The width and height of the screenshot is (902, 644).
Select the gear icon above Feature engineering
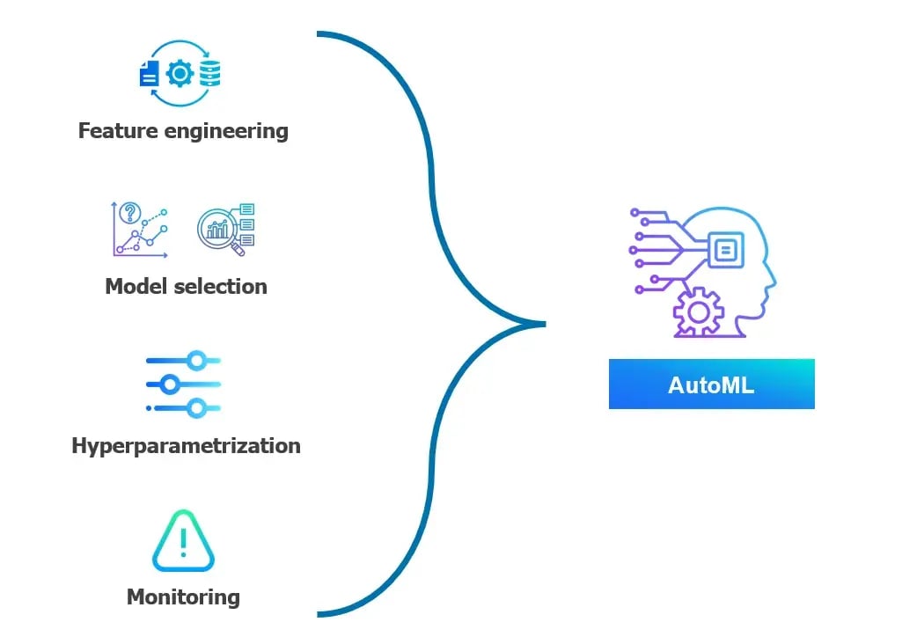pyautogui.click(x=180, y=74)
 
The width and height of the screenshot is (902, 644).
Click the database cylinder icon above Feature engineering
pyautogui.click(x=210, y=74)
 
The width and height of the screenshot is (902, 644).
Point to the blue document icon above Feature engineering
pyautogui.click(x=149, y=75)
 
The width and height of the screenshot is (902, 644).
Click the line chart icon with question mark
pyautogui.click(x=140, y=230)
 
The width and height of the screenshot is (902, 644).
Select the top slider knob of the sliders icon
pyautogui.click(x=197, y=360)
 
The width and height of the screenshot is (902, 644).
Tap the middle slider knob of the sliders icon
pyautogui.click(x=170, y=384)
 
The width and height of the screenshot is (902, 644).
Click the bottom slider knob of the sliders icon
pyautogui.click(x=197, y=407)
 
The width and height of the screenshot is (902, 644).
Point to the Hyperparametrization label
pyautogui.click(x=186, y=445)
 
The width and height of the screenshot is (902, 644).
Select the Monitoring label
pyautogui.click(x=183, y=596)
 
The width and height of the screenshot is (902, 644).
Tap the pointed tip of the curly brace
pyautogui.click(x=542, y=323)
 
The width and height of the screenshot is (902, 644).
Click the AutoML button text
pyautogui.click(x=711, y=384)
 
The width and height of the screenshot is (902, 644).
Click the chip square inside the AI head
pyautogui.click(x=725, y=251)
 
